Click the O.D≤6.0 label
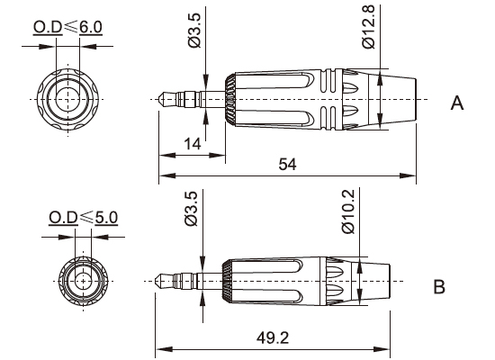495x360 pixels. click(67, 27)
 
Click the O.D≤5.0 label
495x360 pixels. click(83, 218)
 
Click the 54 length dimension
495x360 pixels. click(287, 164)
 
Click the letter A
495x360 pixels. click(456, 104)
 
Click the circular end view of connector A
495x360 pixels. click(67, 96)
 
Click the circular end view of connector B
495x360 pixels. click(83, 279)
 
